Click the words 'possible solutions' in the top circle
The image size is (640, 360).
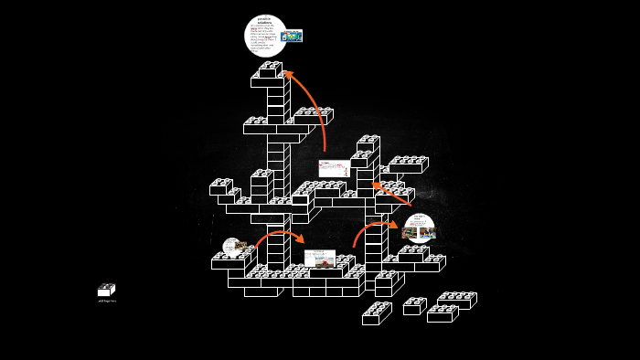coord(264,21)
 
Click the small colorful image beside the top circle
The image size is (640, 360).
coord(292,37)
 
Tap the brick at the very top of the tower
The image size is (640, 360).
coord(269,71)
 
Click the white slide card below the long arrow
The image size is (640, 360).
coord(334,168)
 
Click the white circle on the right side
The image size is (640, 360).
coord(420,228)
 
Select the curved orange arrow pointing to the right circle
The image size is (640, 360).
coord(371,228)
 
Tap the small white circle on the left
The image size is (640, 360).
coord(233,247)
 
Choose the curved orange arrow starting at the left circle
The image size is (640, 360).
coord(279,235)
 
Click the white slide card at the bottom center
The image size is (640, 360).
coord(319,259)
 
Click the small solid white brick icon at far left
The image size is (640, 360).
coord(106,291)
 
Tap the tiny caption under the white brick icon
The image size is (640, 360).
coord(107,301)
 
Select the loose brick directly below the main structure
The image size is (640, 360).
coord(377,313)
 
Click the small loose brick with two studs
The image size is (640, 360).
coord(414,306)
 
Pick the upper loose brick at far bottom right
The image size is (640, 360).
coord(456,300)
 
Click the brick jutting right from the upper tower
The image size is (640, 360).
coord(313,116)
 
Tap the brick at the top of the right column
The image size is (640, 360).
coord(368,144)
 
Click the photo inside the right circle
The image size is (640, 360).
coord(419,233)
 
